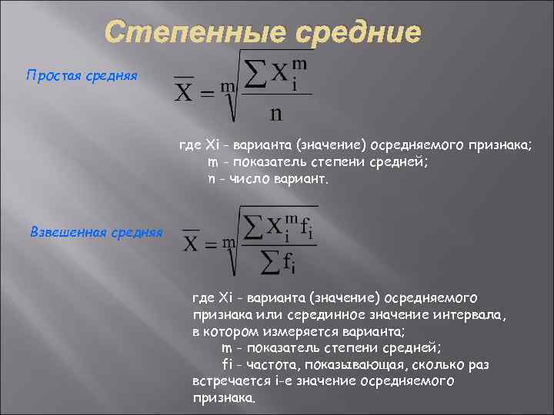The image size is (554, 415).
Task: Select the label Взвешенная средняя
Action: click(x=96, y=231)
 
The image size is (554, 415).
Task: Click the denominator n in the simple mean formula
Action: click(x=275, y=112)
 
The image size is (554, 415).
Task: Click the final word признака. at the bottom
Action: click(x=222, y=398)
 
